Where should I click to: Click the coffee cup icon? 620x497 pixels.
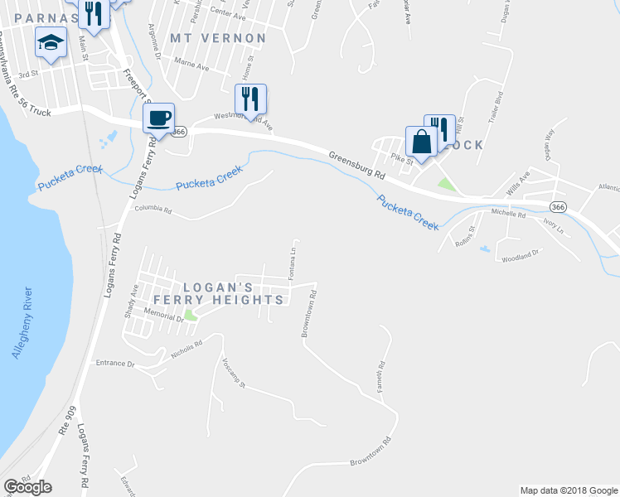point(158,117)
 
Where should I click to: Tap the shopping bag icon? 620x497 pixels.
point(420,140)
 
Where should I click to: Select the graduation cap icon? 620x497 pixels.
point(51,42)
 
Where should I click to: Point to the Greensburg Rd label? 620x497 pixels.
point(357,165)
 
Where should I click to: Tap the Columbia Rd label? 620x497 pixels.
point(153,211)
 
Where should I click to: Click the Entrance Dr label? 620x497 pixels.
point(114,363)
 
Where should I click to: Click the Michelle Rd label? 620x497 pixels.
point(508,214)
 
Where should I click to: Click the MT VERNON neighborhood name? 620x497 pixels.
point(219,38)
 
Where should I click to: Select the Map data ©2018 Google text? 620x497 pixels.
point(569,490)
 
